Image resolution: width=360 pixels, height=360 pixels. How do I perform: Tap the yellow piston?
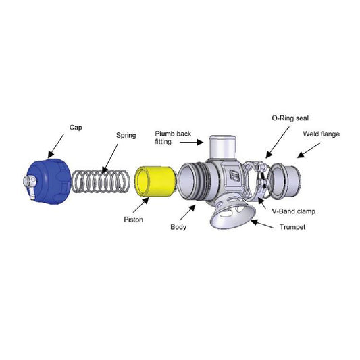point(156,181)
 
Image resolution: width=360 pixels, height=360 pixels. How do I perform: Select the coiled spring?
point(101,181)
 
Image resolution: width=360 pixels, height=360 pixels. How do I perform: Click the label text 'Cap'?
point(76,128)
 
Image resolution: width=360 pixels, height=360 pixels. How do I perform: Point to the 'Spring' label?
point(126,135)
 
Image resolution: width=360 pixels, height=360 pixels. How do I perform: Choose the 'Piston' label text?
point(133,220)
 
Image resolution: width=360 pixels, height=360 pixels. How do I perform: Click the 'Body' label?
point(178,227)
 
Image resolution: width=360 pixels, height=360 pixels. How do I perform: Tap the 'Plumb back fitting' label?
point(173,138)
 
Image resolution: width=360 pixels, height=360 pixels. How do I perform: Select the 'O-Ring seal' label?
point(290,118)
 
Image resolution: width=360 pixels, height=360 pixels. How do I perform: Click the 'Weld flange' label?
point(322,134)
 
